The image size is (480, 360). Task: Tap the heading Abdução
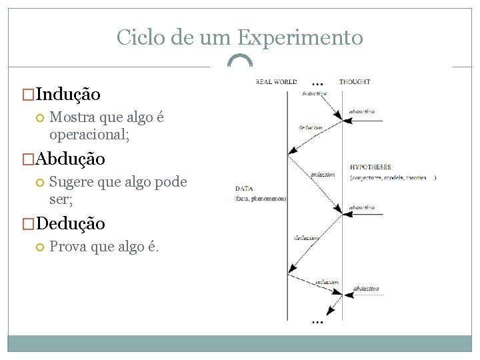[70, 159]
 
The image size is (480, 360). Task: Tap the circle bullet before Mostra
[39, 118]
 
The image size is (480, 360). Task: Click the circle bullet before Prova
[39, 247]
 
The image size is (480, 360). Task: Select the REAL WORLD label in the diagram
[276, 82]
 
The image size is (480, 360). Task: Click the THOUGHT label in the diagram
[355, 82]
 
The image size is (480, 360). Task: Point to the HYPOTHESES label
[371, 167]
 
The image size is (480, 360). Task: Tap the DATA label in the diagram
[243, 189]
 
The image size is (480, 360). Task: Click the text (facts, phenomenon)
[260, 199]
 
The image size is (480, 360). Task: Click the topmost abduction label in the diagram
[362, 112]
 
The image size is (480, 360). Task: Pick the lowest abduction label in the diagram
[366, 289]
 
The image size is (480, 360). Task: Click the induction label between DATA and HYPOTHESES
[323, 175]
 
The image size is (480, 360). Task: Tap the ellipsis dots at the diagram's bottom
[317, 322]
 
